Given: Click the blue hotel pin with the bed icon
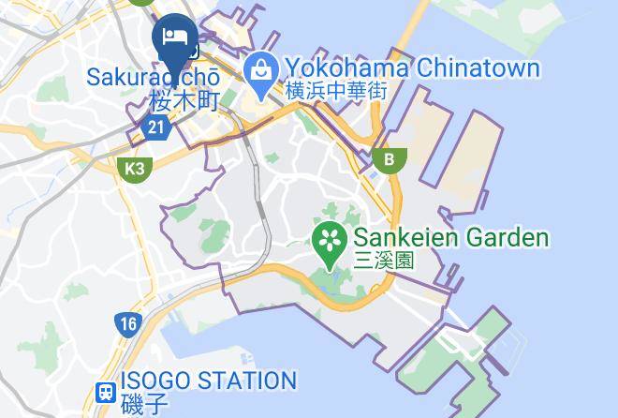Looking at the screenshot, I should click(x=174, y=40).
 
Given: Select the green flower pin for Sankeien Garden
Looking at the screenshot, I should click(x=331, y=239).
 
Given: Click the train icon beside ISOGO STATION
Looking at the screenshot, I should click(x=106, y=391).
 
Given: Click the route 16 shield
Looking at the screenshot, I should click(x=128, y=325).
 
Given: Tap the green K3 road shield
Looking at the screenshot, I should click(x=136, y=169).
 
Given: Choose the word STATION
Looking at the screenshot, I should click(x=251, y=381).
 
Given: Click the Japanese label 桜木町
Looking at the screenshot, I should click(x=182, y=98).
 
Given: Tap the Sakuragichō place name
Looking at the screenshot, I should click(x=154, y=75).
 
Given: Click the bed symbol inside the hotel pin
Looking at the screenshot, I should click(x=174, y=36).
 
